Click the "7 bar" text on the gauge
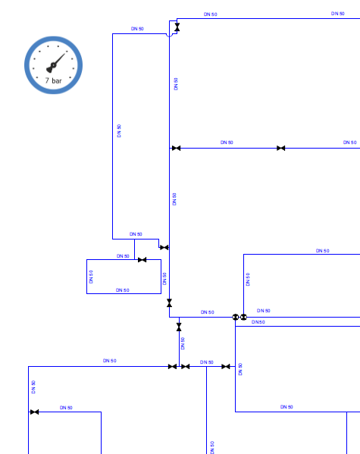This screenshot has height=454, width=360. [53, 80]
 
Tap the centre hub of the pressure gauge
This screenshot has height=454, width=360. [53, 65]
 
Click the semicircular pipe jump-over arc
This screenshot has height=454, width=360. [170, 36]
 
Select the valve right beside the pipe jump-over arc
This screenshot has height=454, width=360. [177, 27]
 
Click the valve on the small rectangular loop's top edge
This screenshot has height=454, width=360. [142, 260]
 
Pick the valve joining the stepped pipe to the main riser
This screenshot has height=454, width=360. [164, 248]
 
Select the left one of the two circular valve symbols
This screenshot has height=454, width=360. [236, 317]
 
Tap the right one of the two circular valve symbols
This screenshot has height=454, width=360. [243, 317]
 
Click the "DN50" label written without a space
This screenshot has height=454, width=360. [258, 322]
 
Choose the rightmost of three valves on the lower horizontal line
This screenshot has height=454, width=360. [226, 367]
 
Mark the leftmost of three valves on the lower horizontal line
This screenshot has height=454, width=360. [172, 367]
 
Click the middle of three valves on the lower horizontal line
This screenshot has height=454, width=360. [186, 367]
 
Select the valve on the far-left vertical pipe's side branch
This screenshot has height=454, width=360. [34, 412]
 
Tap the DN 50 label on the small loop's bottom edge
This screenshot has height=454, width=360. [123, 290]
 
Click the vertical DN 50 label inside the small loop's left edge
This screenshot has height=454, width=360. [91, 277]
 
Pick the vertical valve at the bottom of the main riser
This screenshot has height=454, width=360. [170, 303]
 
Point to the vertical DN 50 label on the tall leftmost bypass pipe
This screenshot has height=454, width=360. [119, 131]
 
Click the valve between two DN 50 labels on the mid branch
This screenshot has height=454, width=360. [280, 149]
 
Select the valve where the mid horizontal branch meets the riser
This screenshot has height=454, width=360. [176, 149]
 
